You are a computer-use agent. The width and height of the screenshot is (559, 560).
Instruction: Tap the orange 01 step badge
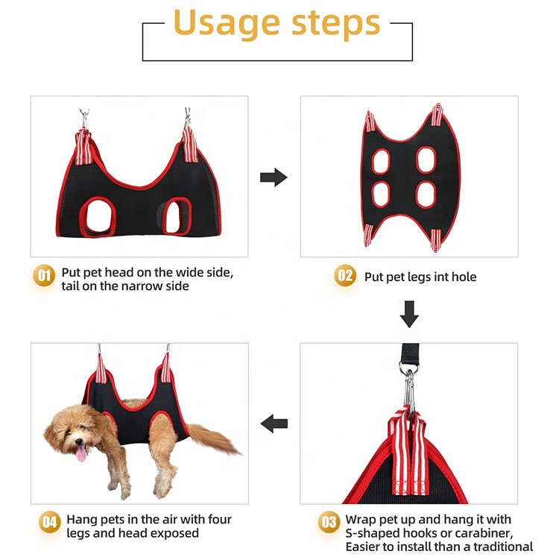[x=45, y=276]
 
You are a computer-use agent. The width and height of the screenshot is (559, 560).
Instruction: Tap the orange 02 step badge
[x=344, y=276]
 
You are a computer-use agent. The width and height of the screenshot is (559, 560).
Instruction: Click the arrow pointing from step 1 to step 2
[x=274, y=177]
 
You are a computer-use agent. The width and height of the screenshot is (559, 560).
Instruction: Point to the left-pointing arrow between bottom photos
[x=274, y=424]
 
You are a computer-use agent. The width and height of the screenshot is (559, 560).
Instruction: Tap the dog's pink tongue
[x=80, y=453]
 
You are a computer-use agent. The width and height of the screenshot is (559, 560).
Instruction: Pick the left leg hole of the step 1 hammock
[x=99, y=216]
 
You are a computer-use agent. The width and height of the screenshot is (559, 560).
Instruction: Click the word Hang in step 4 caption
[x=81, y=519]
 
